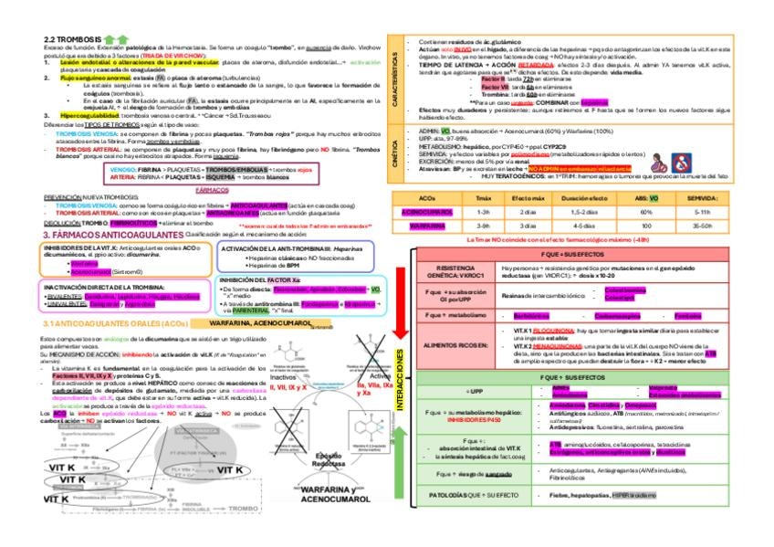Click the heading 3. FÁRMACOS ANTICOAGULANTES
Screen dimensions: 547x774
[x=113, y=235]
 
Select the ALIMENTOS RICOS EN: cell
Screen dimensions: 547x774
[x=453, y=345]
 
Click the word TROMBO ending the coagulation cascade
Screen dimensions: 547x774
[x=243, y=507]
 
